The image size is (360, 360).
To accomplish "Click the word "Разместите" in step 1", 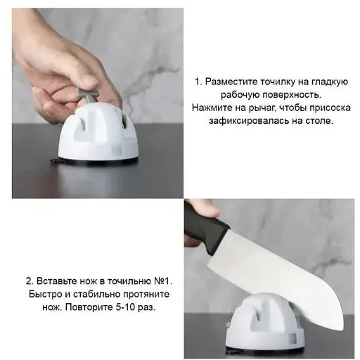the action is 231,82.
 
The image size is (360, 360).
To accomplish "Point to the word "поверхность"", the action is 291,95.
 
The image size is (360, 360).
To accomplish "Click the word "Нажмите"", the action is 210,108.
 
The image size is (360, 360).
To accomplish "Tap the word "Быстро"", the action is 45,294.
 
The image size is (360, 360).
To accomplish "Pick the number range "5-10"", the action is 127,307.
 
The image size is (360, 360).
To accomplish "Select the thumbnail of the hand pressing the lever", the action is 98,103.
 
